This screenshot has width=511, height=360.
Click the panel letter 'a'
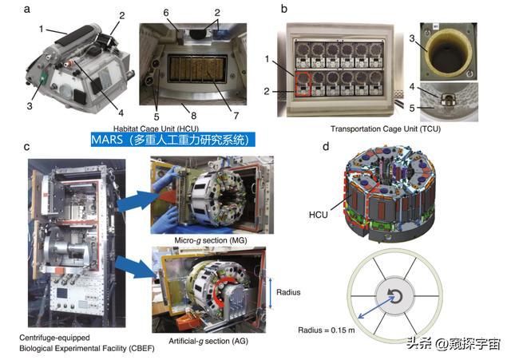(x=27, y=9)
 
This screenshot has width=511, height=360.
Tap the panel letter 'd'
(x=326, y=146)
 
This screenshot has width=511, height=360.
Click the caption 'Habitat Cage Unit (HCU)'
(x=156, y=129)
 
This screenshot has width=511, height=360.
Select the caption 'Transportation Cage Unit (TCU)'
(x=386, y=129)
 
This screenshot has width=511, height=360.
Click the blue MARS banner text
(x=172, y=140)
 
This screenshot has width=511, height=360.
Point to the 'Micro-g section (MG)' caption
(x=211, y=240)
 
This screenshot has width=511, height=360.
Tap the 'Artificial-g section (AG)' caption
(x=208, y=341)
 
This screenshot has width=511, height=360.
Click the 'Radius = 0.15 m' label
(x=327, y=330)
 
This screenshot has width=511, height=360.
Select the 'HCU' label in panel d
(x=318, y=215)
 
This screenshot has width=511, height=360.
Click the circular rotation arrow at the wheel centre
(x=395, y=296)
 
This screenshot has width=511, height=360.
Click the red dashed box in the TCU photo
(x=303, y=84)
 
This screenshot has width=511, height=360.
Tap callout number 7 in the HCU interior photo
(x=236, y=115)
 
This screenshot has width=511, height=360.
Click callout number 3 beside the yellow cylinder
(x=412, y=38)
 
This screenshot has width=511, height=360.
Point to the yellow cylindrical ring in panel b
(x=449, y=50)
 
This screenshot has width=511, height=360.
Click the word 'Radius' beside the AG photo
(x=288, y=292)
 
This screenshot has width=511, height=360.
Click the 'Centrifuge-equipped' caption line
(x=54, y=338)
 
